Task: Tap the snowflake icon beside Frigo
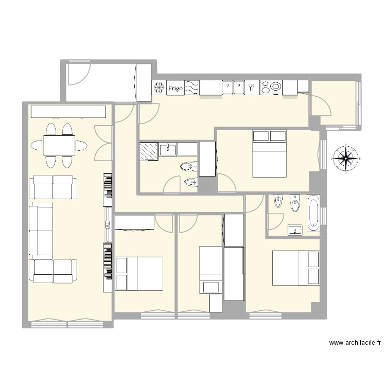(x=159, y=89)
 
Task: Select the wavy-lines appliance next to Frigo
(x=191, y=88)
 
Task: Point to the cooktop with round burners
(x=271, y=88)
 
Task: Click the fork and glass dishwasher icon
(x=252, y=88)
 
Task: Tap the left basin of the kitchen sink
(x=228, y=88)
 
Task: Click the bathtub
(x=313, y=212)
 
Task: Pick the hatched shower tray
(x=149, y=152)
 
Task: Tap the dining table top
(x=59, y=145)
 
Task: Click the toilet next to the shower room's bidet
(x=188, y=166)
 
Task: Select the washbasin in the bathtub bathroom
(x=295, y=230)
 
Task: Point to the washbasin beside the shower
(x=168, y=150)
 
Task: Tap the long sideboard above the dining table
(x=68, y=112)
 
